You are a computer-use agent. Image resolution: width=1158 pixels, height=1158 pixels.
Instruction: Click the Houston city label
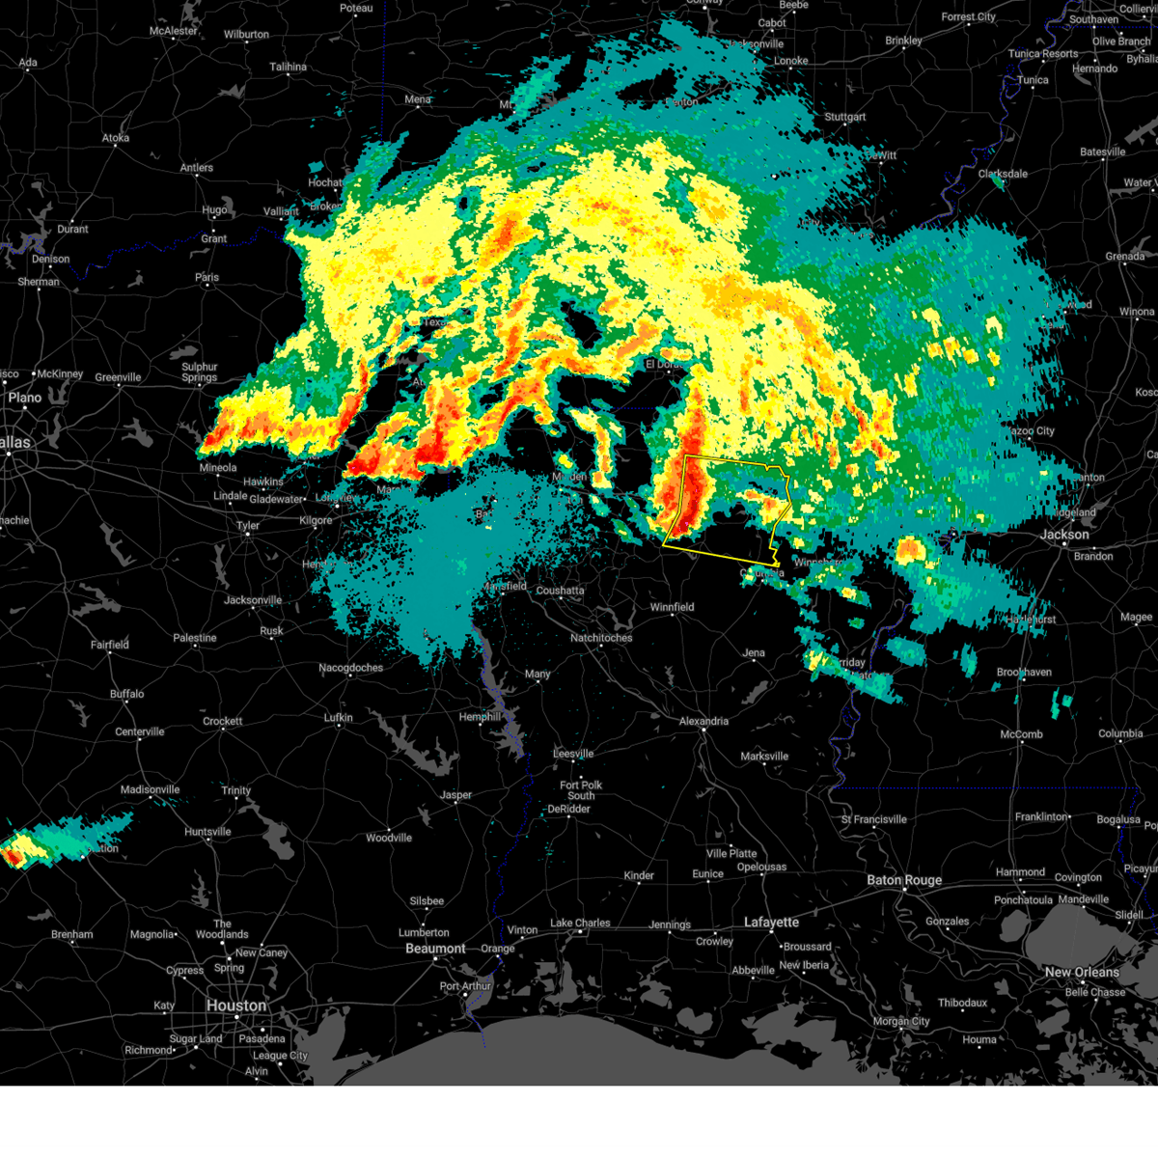tap(235, 1006)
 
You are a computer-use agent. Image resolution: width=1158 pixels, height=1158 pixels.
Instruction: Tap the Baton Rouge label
tap(904, 880)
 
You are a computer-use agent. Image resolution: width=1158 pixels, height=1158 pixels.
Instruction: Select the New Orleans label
tap(1082, 972)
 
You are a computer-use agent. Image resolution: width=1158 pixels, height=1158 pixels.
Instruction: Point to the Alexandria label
tap(703, 721)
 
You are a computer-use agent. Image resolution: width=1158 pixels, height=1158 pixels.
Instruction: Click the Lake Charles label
tap(580, 923)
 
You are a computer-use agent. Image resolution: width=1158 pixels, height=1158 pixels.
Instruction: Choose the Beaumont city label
tap(435, 949)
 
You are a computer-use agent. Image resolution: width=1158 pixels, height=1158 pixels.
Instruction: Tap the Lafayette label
tap(772, 923)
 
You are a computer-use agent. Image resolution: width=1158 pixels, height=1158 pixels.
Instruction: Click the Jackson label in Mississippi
tap(1064, 535)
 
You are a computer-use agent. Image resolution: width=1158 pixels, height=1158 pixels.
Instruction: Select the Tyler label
tap(248, 526)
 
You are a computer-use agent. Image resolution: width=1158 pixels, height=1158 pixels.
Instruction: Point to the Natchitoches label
tap(601, 638)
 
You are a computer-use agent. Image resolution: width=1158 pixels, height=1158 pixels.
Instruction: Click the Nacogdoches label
tap(351, 668)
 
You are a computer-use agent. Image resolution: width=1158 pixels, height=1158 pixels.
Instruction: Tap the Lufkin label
tap(339, 718)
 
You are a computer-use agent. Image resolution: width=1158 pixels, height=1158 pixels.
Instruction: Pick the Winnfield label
tap(672, 607)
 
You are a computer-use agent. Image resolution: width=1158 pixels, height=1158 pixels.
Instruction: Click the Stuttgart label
tap(845, 117)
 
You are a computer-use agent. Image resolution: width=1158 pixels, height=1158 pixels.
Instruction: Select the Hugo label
tap(214, 209)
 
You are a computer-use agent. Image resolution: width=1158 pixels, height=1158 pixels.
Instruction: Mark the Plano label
tap(24, 398)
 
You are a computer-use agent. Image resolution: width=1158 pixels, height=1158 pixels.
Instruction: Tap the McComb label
tap(1021, 734)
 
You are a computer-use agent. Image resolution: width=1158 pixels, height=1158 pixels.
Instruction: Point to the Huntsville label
tap(207, 832)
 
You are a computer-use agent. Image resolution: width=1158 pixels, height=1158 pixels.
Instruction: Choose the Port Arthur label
tap(465, 986)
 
